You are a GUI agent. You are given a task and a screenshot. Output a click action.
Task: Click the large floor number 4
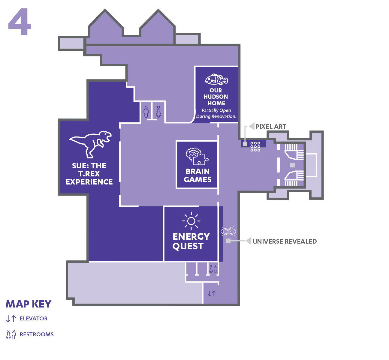pos(20,22)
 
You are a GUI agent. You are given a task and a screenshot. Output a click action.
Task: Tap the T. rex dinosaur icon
pos(90,144)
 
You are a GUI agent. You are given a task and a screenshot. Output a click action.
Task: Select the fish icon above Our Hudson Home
pos(216,79)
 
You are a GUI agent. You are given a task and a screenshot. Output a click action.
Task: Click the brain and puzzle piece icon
pos(197,156)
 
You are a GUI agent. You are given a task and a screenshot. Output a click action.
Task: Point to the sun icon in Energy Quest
pos(191,221)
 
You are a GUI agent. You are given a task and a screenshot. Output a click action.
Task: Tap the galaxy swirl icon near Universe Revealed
pos(228,231)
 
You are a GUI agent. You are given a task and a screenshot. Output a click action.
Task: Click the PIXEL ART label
pos(271,127)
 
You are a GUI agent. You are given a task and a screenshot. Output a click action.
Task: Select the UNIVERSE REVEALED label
pos(285,241)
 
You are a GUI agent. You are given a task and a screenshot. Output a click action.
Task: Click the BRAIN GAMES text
pos(198,175)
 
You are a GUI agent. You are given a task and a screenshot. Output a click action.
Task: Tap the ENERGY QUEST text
pos(191,241)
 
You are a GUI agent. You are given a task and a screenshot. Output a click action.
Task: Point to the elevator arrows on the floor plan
pos(212,293)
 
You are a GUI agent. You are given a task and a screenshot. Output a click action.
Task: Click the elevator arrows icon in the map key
pos(11,319)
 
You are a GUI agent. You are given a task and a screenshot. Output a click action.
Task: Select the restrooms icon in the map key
pos(11,334)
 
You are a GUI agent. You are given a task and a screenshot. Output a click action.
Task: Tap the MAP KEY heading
pos(29,304)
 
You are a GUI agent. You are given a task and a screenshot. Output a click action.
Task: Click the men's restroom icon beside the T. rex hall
pos(146,112)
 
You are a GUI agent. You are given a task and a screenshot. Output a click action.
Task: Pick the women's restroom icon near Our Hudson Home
pos(158,112)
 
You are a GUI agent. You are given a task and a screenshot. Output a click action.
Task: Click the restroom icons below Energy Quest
pos(213,269)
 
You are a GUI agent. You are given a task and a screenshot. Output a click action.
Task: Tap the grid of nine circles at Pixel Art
pos(255,147)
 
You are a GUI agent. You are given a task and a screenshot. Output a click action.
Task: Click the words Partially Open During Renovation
pos(216,113)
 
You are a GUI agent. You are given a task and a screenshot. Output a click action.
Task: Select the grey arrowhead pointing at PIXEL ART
pos(252,126)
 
